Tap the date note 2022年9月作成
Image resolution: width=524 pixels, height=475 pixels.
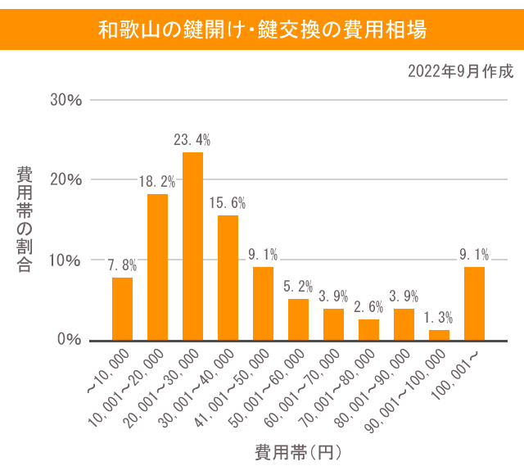460,71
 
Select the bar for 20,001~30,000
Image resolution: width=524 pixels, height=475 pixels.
192,247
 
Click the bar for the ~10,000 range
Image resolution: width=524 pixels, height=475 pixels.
122,309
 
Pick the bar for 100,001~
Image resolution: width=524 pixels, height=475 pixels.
474,304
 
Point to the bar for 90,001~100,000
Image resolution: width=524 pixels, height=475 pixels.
440,335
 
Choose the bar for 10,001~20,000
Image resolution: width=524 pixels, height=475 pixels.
157,267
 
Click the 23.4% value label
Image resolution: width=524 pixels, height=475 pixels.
192,139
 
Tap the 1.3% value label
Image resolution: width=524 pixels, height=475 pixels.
440,317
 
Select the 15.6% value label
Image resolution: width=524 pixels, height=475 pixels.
228,202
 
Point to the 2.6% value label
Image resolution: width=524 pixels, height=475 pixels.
369,307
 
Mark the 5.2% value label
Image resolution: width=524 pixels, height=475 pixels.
299,286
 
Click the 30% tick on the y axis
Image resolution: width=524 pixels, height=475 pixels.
66,100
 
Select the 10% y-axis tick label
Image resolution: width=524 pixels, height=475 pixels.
66,260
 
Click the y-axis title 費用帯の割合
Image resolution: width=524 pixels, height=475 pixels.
25,219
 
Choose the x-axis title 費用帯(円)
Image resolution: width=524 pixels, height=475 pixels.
297,451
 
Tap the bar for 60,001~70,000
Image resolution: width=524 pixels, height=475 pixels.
333,324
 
